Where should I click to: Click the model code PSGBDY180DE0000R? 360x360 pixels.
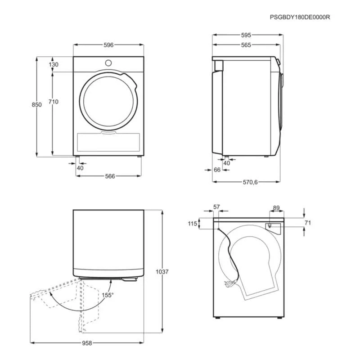(x=300, y=17)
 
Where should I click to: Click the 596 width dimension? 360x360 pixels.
(x=108, y=45)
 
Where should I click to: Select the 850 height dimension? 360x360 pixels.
(x=36, y=105)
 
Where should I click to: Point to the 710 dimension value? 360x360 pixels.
(x=54, y=102)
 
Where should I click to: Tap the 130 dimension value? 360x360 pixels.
(x=54, y=65)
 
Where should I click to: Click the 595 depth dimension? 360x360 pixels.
(x=245, y=35)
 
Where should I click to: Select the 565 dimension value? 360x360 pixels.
(x=245, y=45)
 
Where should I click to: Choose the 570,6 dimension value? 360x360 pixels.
(x=247, y=182)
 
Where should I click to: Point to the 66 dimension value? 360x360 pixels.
(x=216, y=170)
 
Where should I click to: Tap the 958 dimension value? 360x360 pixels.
(x=87, y=343)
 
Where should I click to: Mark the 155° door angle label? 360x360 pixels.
(x=108, y=295)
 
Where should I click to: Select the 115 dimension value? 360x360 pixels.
(x=192, y=224)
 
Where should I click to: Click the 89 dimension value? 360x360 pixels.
(x=276, y=208)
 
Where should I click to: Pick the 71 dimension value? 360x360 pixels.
(x=308, y=223)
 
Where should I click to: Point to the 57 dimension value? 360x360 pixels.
(x=216, y=207)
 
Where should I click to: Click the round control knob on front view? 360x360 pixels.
(x=108, y=63)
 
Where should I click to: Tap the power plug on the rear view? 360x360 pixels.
(x=228, y=283)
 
